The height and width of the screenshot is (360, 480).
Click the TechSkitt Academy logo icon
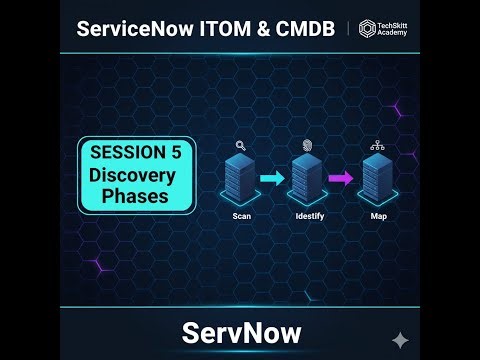[x=367, y=28]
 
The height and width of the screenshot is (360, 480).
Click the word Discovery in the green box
[x=136, y=176]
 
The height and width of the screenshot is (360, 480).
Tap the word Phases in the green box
[x=136, y=198]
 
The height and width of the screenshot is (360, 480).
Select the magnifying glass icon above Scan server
[x=241, y=145]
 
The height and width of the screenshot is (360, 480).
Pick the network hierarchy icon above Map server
[x=377, y=145]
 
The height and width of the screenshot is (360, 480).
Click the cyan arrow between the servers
[x=272, y=179]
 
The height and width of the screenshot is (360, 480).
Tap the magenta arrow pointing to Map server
[x=341, y=179]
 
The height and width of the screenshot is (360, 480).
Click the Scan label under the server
[x=241, y=216]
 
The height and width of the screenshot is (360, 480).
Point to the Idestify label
[x=308, y=216]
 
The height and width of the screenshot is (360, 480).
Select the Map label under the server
[x=378, y=216]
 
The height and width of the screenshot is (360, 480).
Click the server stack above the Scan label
[x=241, y=180]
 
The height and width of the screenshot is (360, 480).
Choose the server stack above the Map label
[x=377, y=180]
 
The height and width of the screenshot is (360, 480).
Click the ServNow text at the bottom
[x=240, y=330]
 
